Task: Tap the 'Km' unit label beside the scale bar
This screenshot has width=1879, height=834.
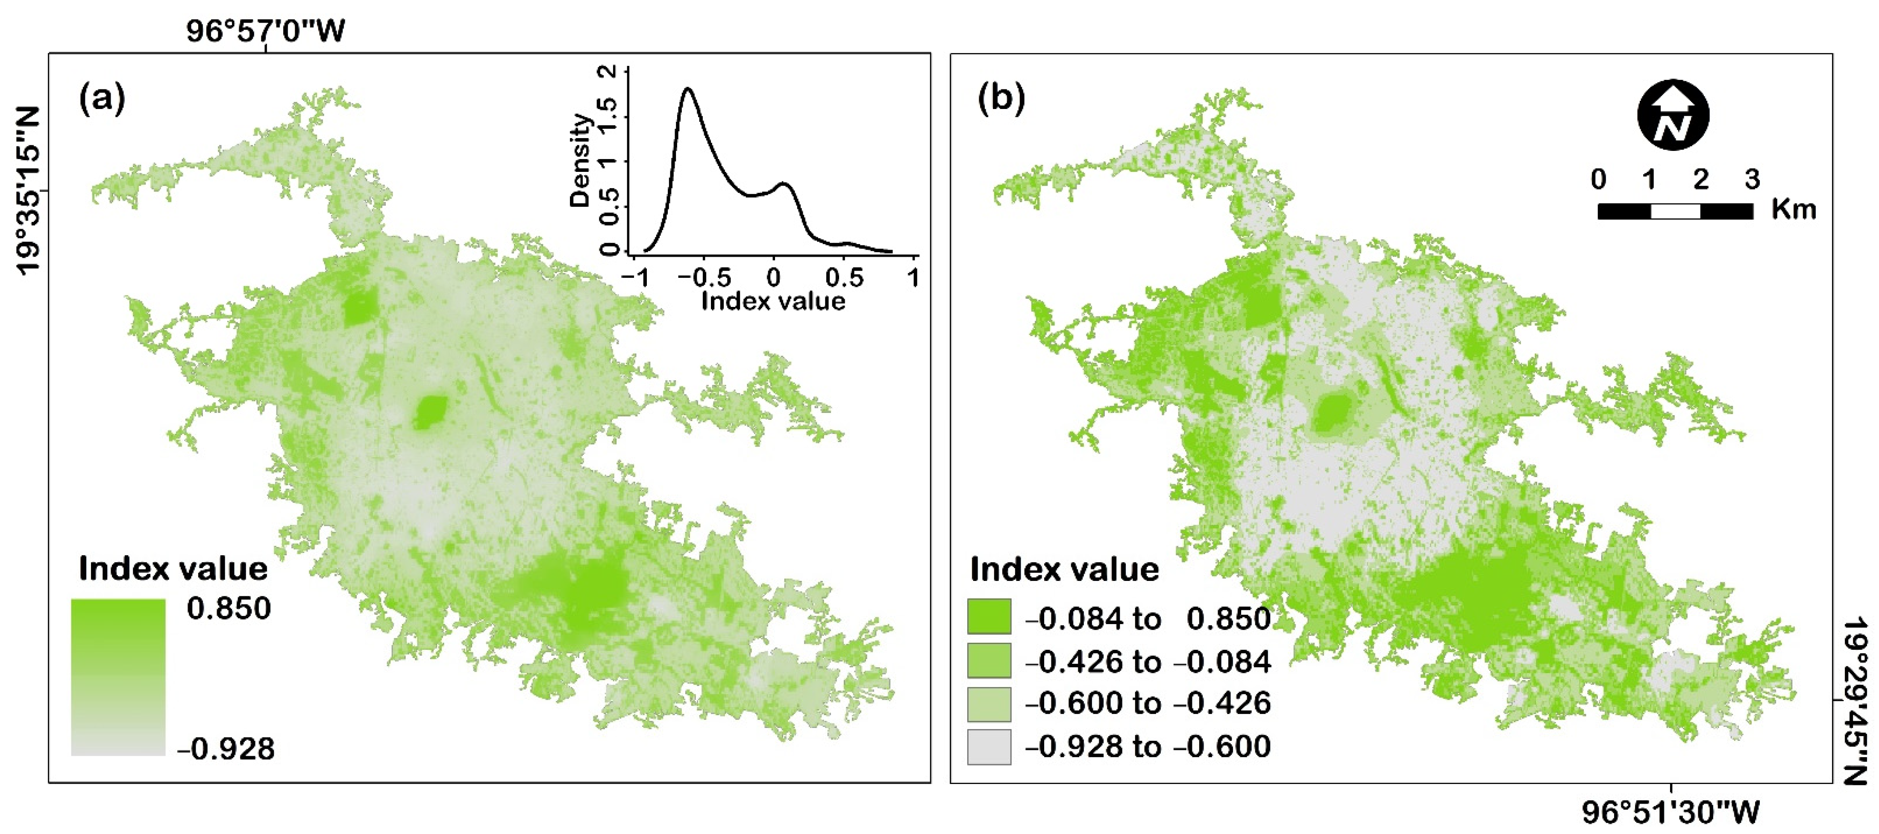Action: tap(1794, 209)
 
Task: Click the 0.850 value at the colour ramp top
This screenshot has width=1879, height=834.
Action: tap(228, 608)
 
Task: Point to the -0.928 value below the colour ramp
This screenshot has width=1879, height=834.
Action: tap(226, 749)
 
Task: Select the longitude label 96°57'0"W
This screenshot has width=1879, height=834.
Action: tap(265, 31)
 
